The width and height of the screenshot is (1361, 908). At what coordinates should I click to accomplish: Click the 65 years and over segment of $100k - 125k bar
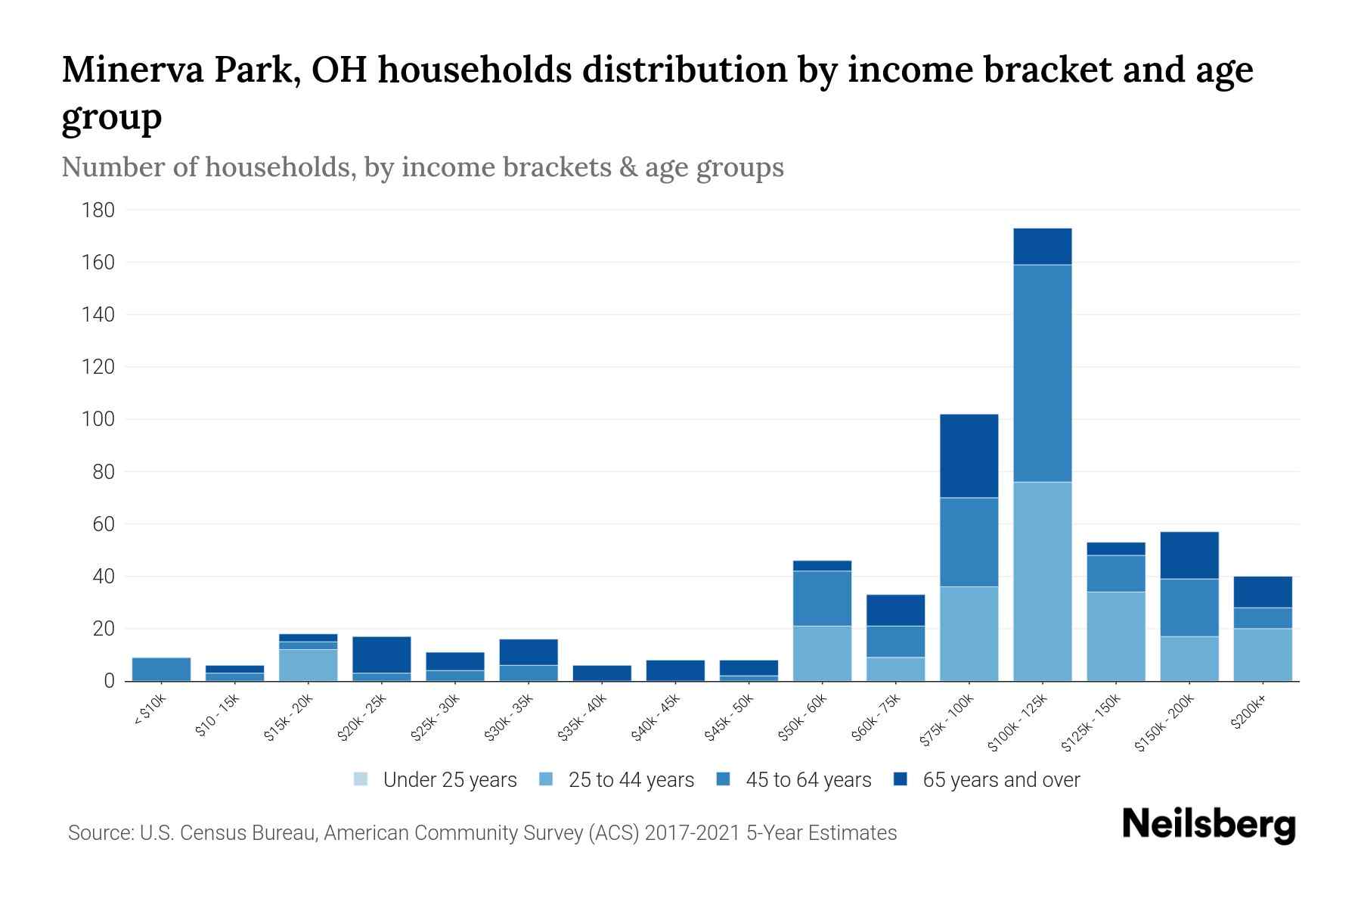[1042, 247]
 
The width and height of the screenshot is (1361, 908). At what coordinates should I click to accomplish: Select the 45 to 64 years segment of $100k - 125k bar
[1042, 373]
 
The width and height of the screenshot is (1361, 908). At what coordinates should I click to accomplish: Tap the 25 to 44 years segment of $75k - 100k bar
[969, 634]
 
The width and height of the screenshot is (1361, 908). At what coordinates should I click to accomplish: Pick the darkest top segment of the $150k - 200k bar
[1189, 555]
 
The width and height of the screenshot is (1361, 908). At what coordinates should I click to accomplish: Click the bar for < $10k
[161, 669]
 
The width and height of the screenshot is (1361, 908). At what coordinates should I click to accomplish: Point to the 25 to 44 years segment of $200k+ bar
[1263, 655]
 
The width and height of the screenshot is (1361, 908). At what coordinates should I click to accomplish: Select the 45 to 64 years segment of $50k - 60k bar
[822, 598]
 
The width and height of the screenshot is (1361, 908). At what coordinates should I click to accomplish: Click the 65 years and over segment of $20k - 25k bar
[381, 655]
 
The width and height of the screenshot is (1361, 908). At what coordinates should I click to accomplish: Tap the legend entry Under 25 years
[450, 780]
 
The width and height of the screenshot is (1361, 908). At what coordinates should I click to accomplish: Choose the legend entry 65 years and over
[1000, 780]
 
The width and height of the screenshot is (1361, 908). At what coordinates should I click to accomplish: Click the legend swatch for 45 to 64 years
[724, 779]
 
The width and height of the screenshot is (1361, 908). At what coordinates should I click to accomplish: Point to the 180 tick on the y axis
[98, 210]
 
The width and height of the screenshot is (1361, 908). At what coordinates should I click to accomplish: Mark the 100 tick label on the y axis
[98, 419]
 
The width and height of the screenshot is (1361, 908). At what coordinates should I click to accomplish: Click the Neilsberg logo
[1208, 825]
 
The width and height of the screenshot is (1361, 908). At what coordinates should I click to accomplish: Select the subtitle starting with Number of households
[422, 167]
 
